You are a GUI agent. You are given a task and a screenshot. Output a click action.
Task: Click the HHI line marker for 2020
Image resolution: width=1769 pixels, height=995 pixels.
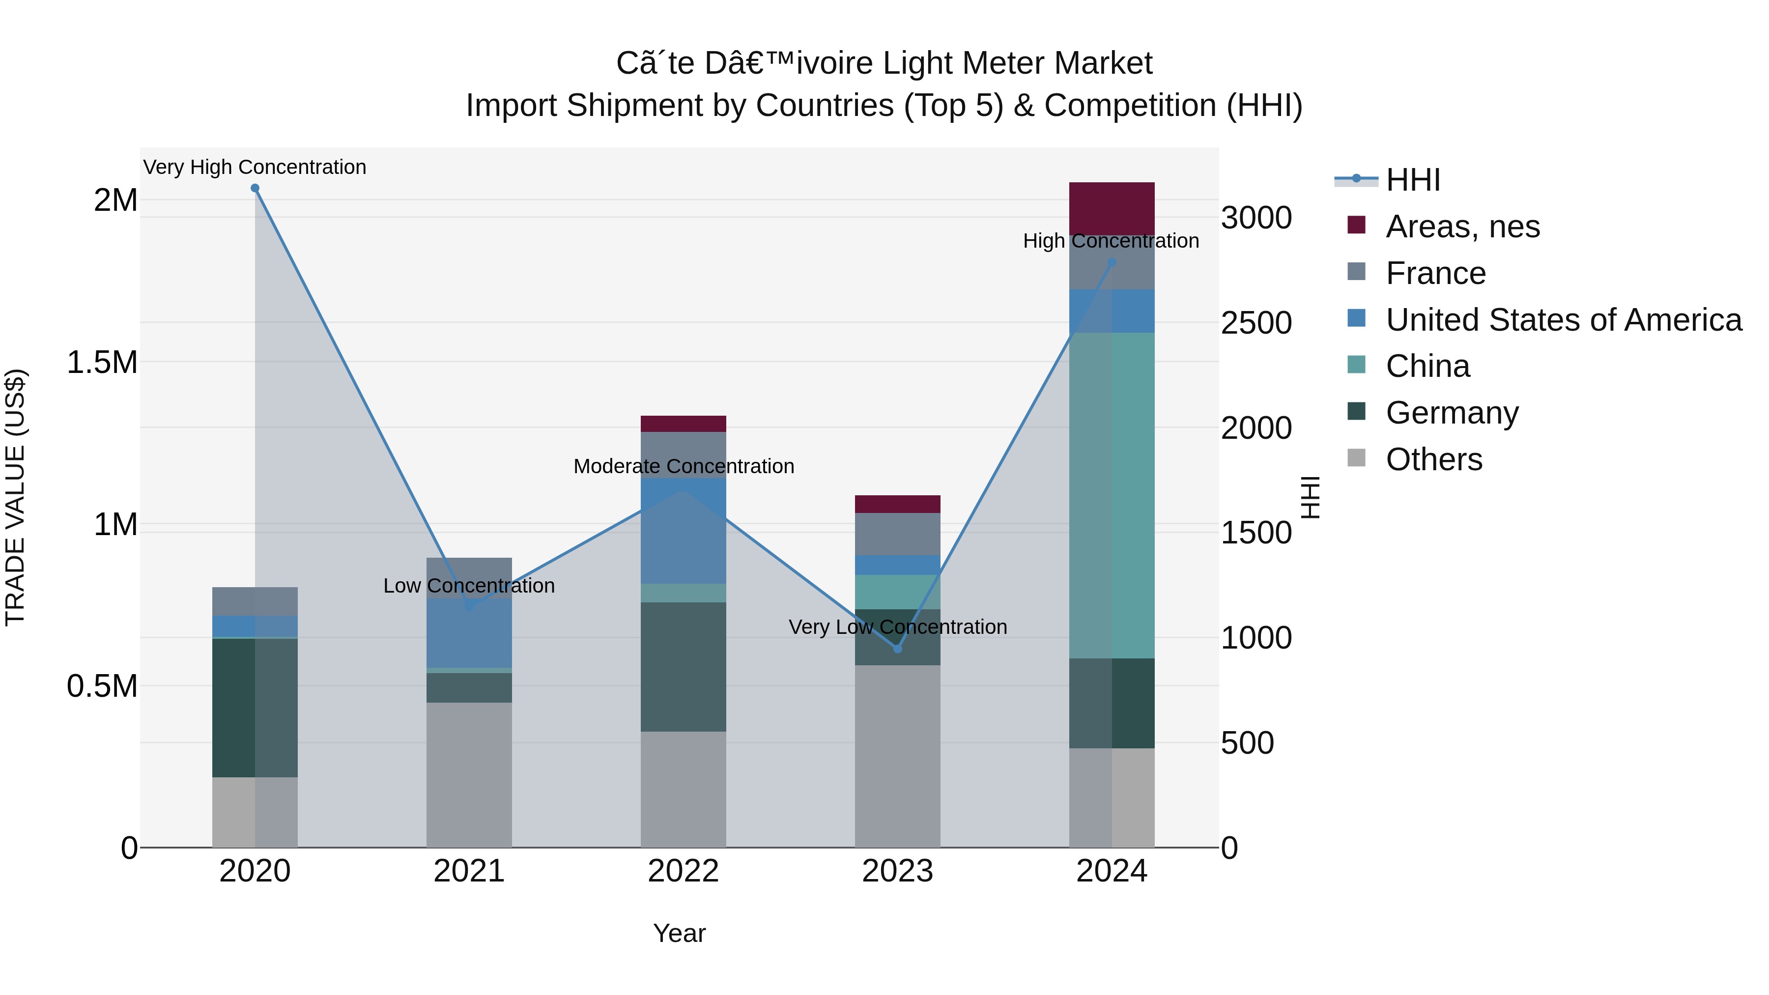255,188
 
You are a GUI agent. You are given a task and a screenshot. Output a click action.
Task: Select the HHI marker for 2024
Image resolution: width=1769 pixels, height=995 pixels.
1112,262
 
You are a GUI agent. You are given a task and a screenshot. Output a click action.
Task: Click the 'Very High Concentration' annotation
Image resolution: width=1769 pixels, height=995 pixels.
255,167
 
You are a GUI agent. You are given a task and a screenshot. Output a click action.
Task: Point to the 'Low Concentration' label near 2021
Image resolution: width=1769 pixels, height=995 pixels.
469,586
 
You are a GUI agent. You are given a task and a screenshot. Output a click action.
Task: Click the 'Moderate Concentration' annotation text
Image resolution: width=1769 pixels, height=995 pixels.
684,466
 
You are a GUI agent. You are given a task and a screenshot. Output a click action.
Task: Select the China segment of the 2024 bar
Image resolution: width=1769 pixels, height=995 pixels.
1112,494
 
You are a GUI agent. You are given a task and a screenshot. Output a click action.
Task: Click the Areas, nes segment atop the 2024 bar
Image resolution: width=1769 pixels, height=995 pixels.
1112,208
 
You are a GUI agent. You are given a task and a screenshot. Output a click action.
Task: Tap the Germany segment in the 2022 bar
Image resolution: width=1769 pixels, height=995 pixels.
684,666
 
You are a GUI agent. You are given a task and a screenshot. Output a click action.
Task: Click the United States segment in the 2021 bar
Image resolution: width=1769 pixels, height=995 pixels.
469,632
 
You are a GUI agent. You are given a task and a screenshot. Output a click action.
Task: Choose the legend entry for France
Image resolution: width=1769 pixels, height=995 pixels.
1435,273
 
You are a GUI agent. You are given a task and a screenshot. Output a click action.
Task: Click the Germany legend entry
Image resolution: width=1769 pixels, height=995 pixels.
1452,413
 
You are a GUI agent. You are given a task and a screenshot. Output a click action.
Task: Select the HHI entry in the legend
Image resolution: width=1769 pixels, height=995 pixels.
1413,180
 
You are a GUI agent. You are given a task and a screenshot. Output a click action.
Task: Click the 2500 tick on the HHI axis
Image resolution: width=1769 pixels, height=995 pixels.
1256,323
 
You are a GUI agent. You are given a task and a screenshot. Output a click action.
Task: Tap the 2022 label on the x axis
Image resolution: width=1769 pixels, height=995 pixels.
684,871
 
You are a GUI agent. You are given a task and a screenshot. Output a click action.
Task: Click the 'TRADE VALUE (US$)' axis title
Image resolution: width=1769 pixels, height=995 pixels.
15,497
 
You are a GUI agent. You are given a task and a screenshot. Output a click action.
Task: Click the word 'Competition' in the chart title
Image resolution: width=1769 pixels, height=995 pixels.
1130,106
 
